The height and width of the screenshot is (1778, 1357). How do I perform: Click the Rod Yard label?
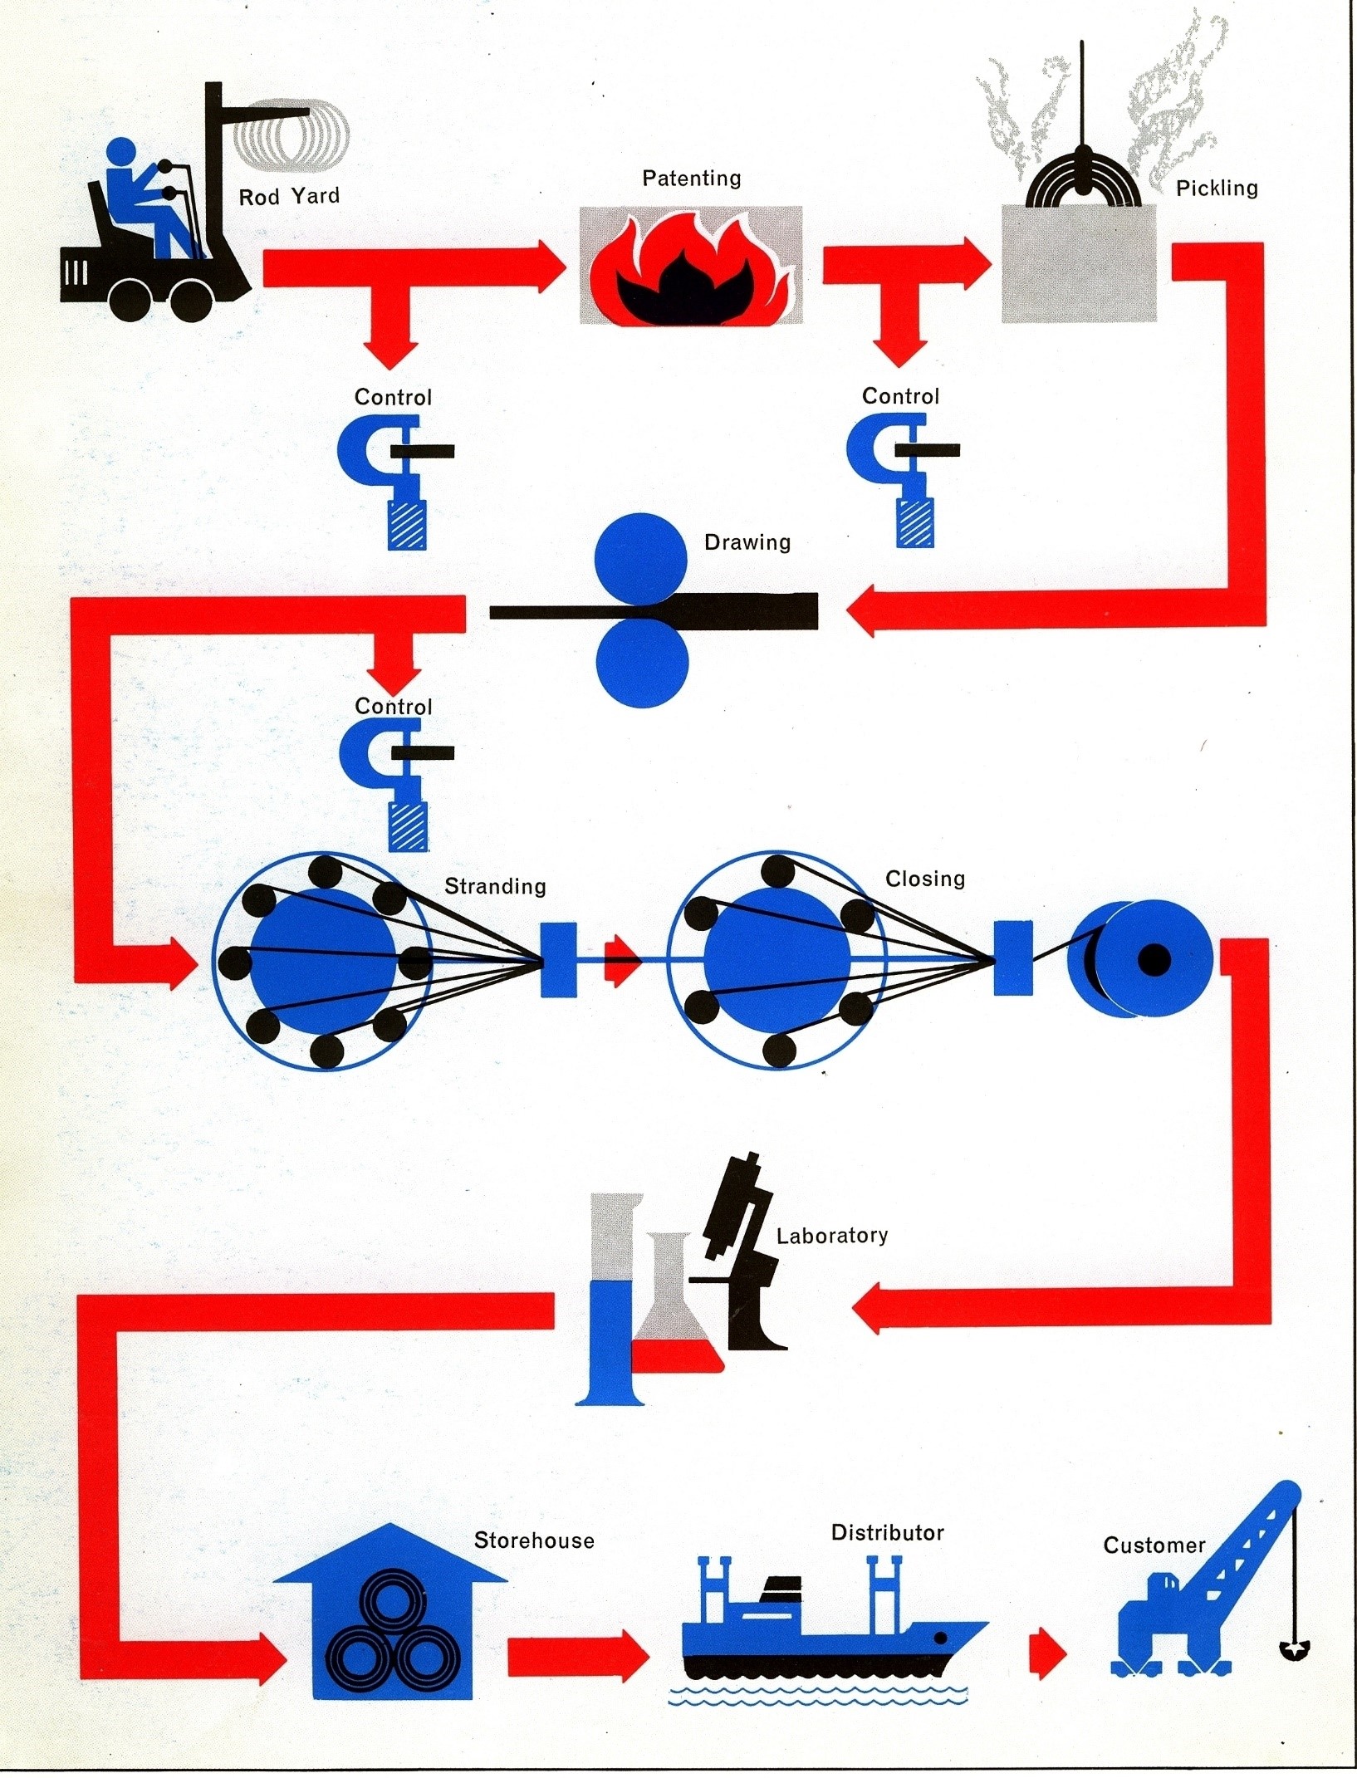[289, 197]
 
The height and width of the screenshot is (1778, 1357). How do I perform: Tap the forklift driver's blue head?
[121, 152]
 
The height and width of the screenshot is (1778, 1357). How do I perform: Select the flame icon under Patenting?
[691, 265]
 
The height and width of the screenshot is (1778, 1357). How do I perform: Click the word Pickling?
[1217, 189]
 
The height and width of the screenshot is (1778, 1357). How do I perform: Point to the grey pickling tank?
[1079, 263]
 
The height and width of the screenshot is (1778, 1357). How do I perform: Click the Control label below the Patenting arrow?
[900, 396]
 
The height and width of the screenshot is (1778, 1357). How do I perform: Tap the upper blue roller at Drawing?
[641, 559]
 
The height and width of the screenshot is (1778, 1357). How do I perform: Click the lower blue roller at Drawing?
[642, 665]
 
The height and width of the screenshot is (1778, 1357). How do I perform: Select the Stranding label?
[495, 886]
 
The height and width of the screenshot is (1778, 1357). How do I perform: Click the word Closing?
[925, 879]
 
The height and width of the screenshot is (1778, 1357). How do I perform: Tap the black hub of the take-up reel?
[1154, 960]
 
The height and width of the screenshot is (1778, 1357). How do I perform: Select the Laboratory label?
[832, 1236]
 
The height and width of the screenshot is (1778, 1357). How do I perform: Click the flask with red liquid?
[676, 1304]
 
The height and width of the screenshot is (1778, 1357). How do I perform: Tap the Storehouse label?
[534, 1541]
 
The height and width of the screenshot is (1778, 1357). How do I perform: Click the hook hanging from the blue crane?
[1294, 1651]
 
